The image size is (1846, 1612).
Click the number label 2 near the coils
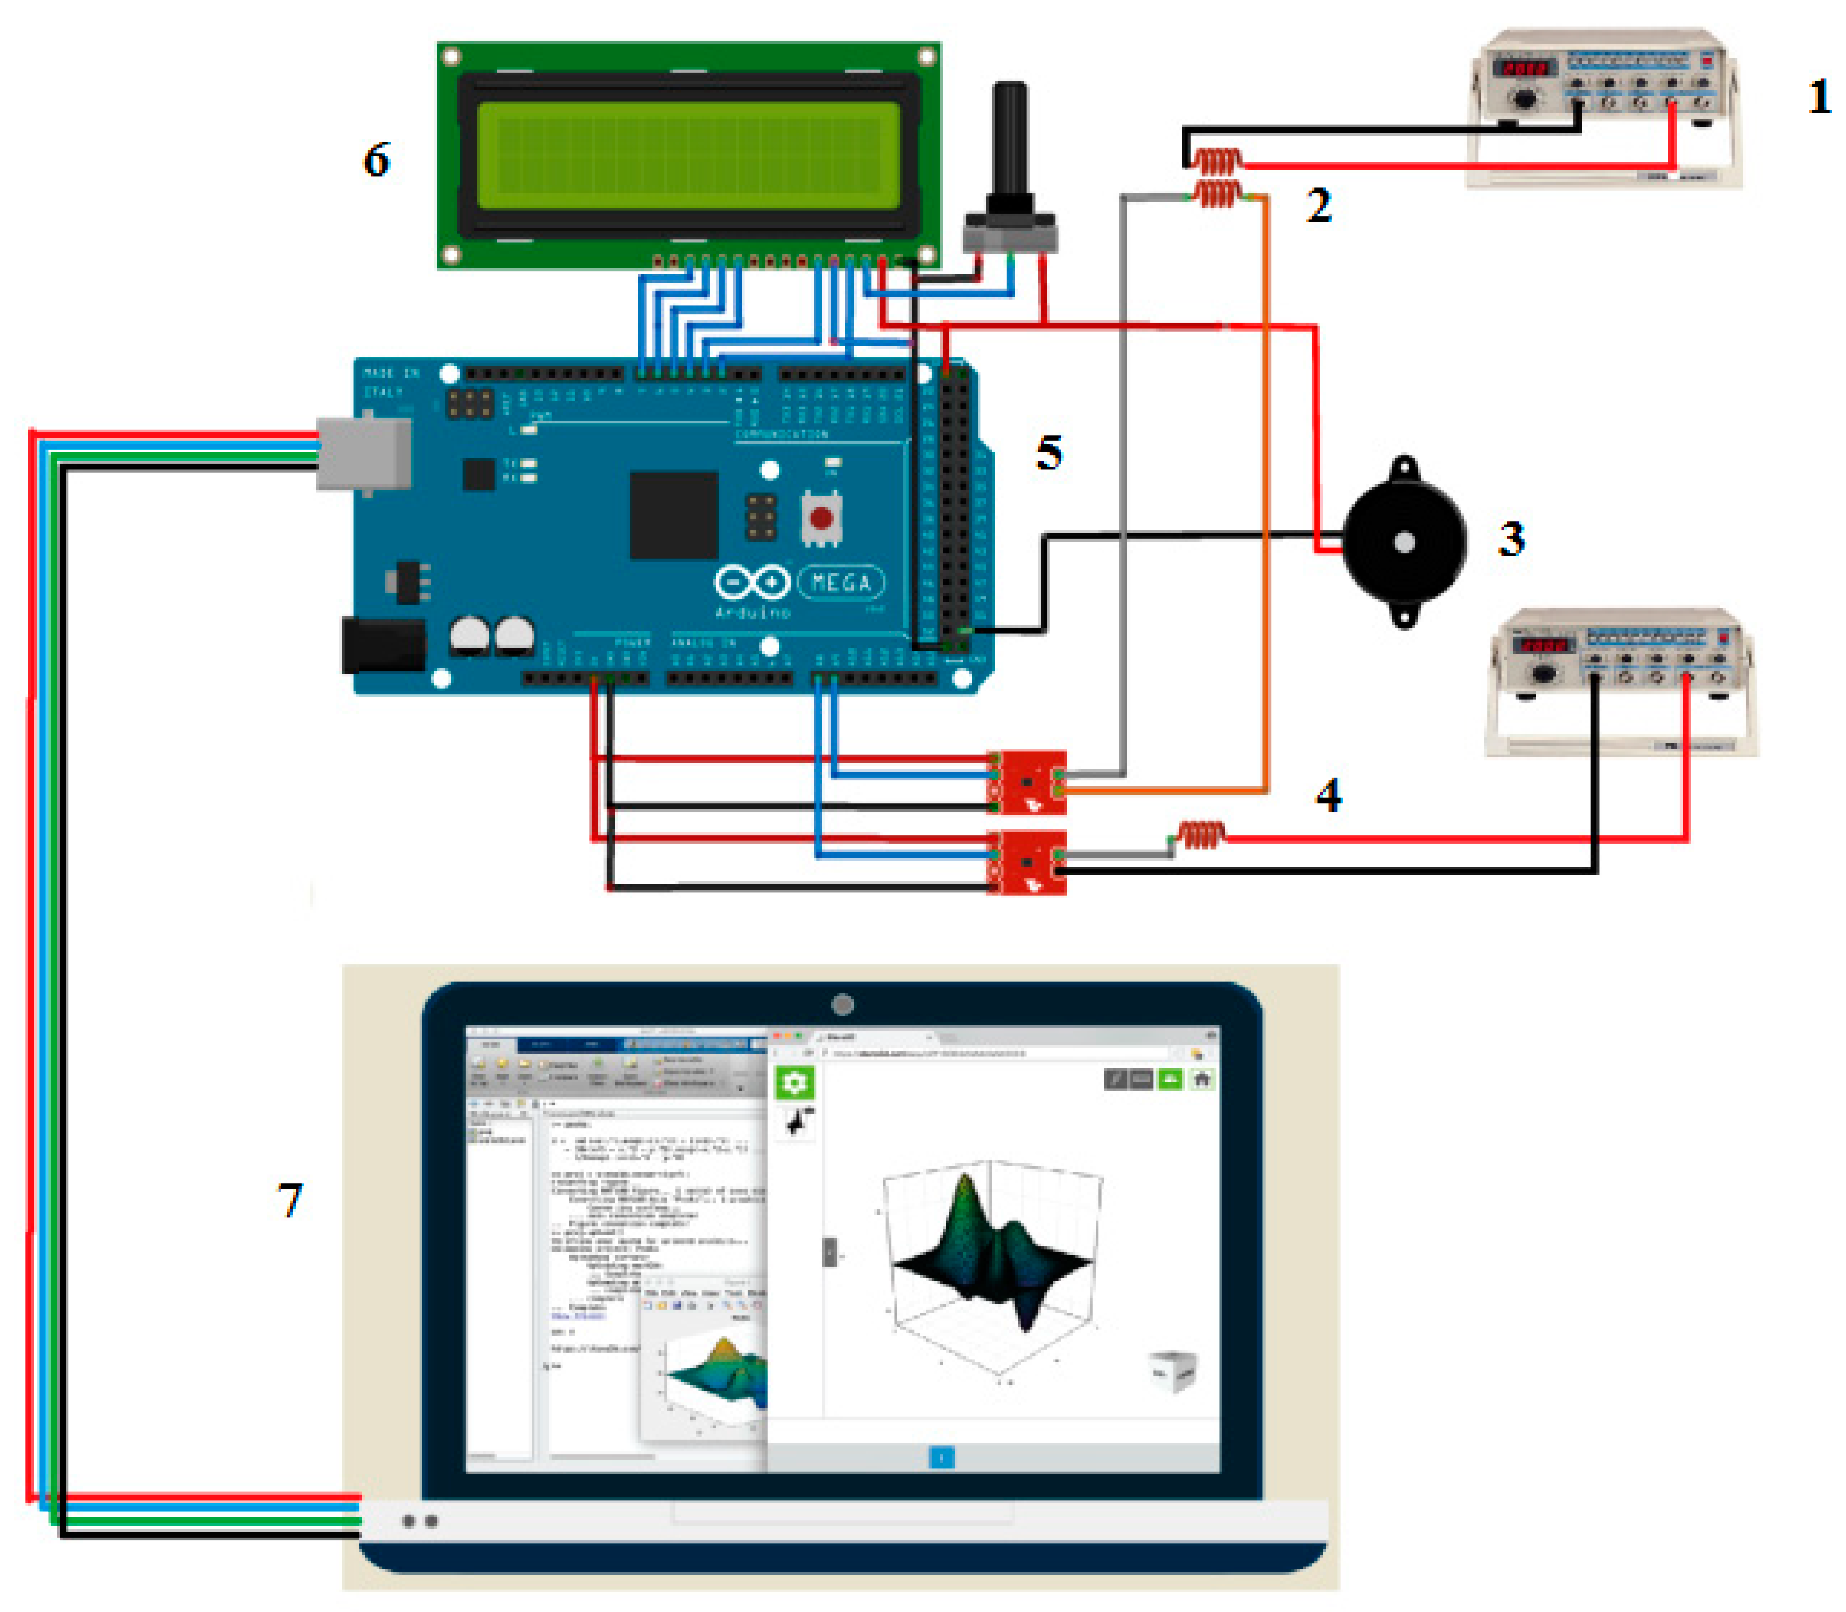[x=1318, y=206]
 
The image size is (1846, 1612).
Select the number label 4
[x=1328, y=795]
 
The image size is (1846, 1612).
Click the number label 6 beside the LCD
[x=376, y=160]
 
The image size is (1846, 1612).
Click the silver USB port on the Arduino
[x=363, y=454]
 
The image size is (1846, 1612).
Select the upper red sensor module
[x=1027, y=782]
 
